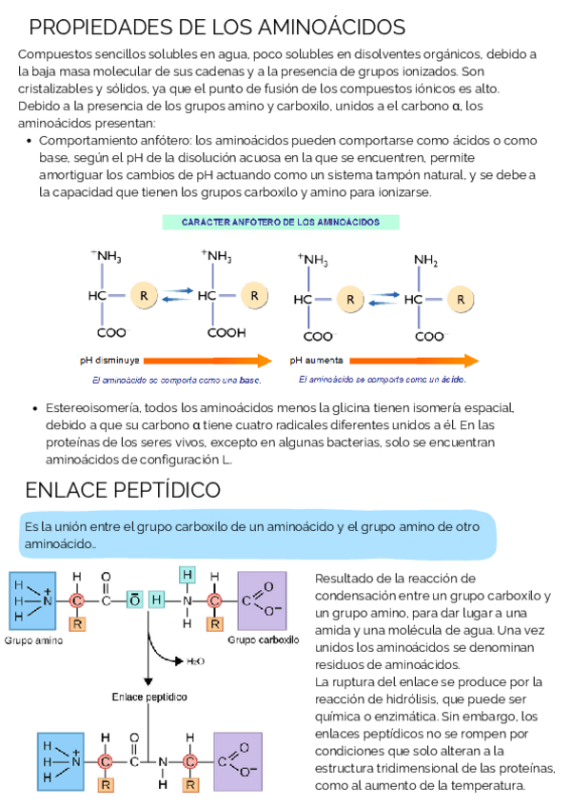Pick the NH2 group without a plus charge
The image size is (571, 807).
[x=425, y=259]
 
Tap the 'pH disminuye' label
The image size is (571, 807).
[x=109, y=361]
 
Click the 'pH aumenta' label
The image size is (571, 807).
[x=317, y=361]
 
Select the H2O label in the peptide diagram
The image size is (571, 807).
[x=194, y=660]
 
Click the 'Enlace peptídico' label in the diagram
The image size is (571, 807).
[x=149, y=697]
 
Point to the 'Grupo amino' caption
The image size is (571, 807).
[x=35, y=640]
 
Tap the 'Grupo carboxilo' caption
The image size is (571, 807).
[x=264, y=640]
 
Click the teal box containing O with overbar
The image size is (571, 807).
[x=135, y=600]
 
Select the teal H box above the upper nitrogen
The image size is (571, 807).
[x=187, y=574]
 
